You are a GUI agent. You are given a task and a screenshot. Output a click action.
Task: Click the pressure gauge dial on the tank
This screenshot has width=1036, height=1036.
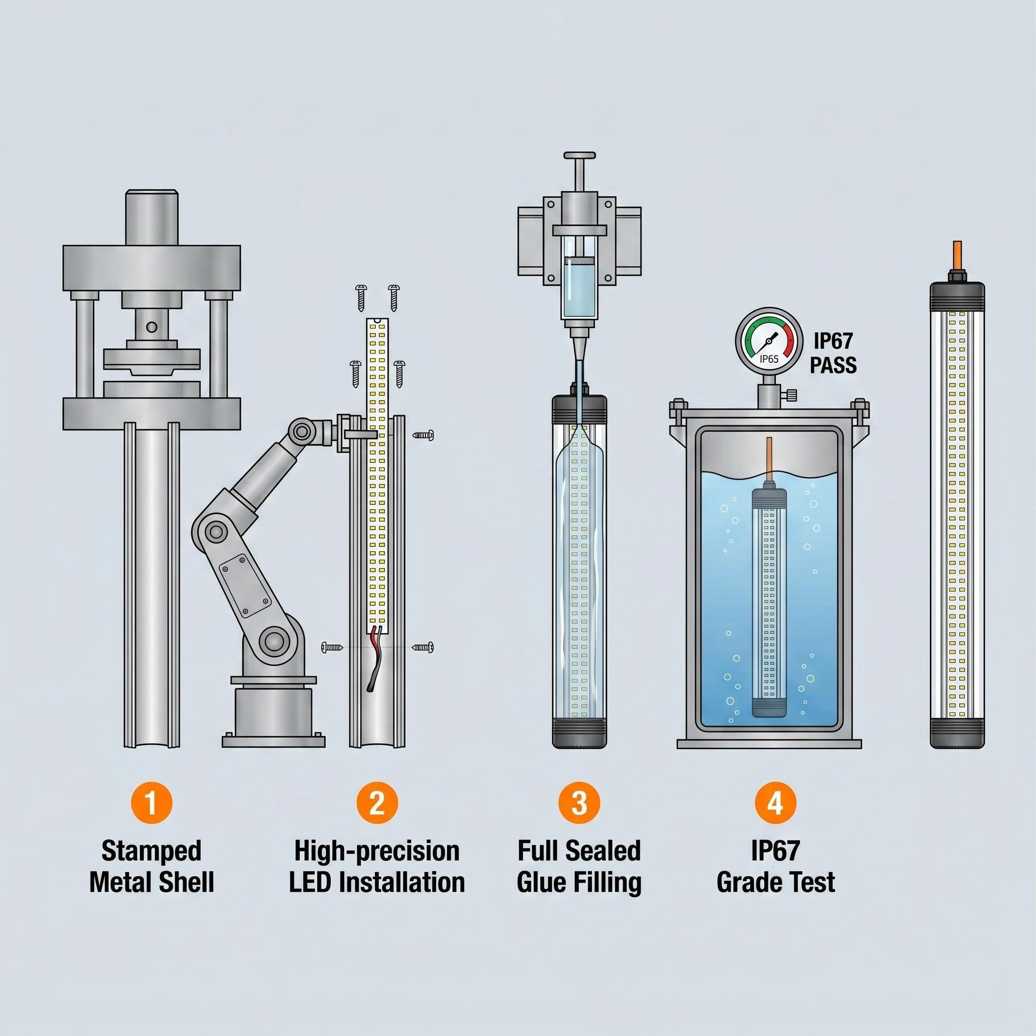[769, 339]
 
